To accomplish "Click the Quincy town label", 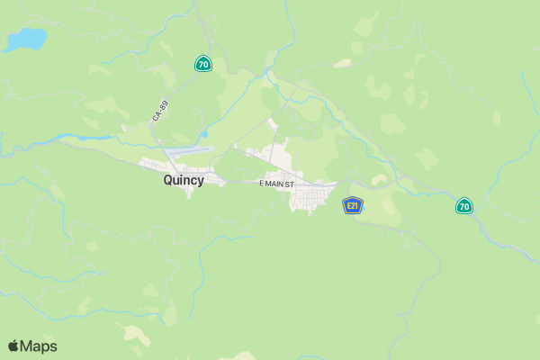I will pos(184,180).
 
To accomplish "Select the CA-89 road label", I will pos(160,112).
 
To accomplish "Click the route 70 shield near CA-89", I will pos(203,64).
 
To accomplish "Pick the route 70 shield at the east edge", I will pos(463,206).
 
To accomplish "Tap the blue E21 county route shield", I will pos(353,206).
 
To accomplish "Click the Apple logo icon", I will pos(13,346).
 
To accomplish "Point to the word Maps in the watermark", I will pos(39,346).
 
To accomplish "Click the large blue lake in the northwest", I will pos(27,40).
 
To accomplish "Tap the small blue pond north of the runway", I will pos(204,135).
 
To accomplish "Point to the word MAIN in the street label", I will pos(281,184).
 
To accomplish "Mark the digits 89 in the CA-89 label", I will pos(164,104).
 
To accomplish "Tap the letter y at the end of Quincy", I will pos(200,182).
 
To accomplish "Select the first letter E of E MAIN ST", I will pos(262,184).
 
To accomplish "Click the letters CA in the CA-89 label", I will pos(157,118).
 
